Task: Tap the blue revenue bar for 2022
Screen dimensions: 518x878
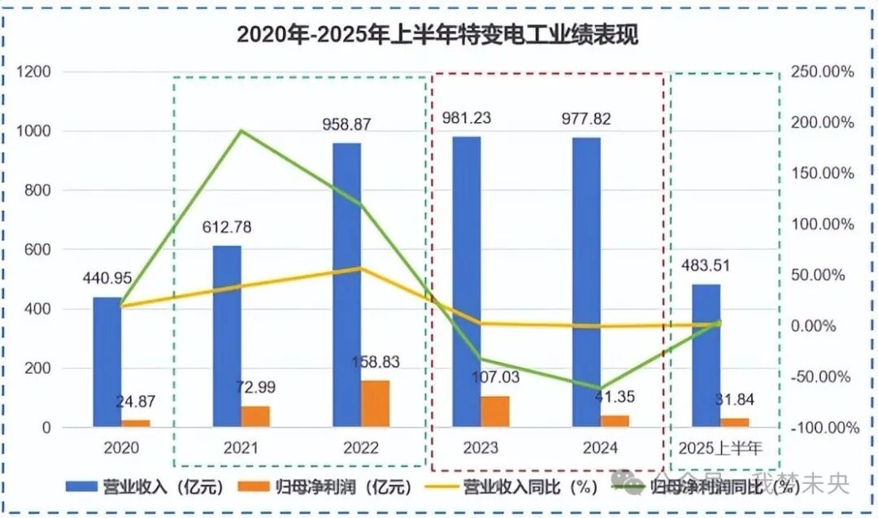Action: click(x=347, y=285)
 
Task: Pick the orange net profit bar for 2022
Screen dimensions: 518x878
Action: click(x=376, y=403)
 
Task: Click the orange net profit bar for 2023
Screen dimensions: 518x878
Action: click(x=494, y=411)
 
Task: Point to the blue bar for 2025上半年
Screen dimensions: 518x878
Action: click(x=706, y=355)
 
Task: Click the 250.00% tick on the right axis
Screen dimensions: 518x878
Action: click(x=822, y=72)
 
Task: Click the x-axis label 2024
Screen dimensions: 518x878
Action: click(x=600, y=448)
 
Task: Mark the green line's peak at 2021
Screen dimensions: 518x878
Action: click(x=241, y=130)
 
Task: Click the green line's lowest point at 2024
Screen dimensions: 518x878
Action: click(x=602, y=390)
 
